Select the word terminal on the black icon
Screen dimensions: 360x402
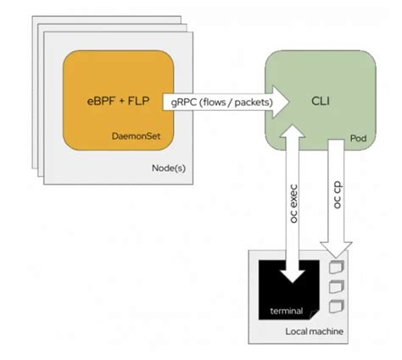287,310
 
